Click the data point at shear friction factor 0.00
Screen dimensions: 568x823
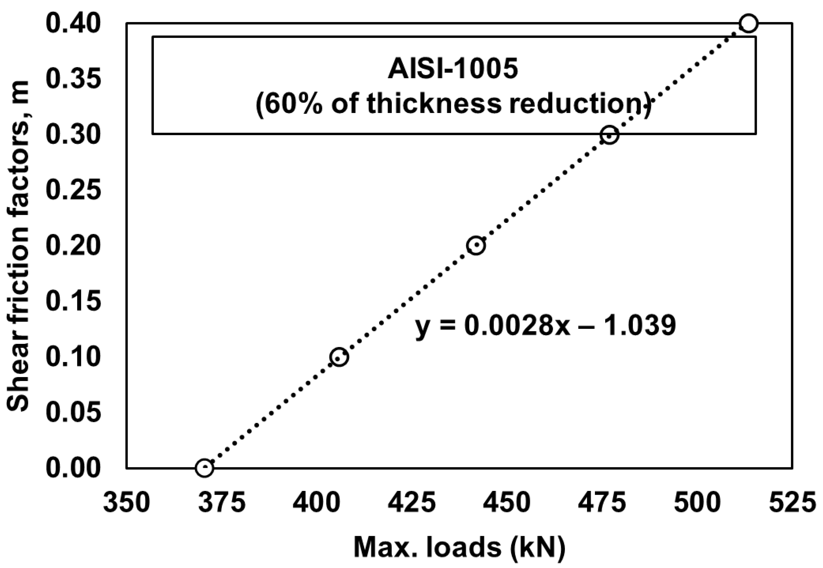tap(204, 468)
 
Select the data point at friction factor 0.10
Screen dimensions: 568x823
tap(338, 357)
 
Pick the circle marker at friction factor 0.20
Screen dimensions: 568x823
tap(476, 245)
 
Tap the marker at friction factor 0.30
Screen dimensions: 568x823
tap(609, 135)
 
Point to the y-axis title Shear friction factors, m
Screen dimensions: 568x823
tap(18, 245)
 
